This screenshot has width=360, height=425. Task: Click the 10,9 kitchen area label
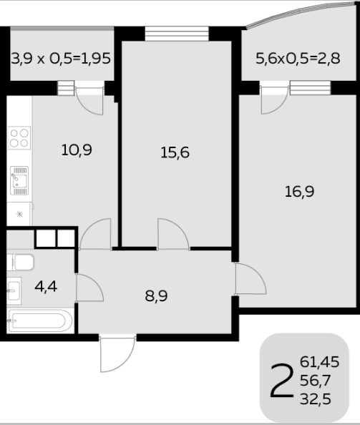(x=77, y=150)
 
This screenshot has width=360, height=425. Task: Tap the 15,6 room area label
(x=175, y=152)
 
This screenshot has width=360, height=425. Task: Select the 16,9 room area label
(x=300, y=192)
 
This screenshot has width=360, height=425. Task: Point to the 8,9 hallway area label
(x=156, y=295)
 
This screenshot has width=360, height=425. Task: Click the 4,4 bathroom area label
(x=46, y=286)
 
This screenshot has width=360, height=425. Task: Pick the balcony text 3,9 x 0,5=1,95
(x=61, y=58)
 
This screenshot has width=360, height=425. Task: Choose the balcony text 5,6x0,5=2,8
(x=298, y=58)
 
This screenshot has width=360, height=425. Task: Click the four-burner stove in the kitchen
(x=19, y=138)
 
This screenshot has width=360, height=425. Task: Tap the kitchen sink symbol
(x=19, y=181)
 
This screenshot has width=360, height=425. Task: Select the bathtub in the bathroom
(x=40, y=321)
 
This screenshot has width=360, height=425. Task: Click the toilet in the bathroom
(x=21, y=263)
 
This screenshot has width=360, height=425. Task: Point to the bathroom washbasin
(x=14, y=290)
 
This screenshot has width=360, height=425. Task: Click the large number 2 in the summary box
(x=282, y=381)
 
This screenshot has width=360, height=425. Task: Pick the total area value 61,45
(x=320, y=362)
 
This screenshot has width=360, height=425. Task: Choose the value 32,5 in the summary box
(x=316, y=399)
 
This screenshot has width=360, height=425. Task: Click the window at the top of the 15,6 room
(x=177, y=34)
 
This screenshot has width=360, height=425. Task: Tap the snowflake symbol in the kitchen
(x=19, y=215)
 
